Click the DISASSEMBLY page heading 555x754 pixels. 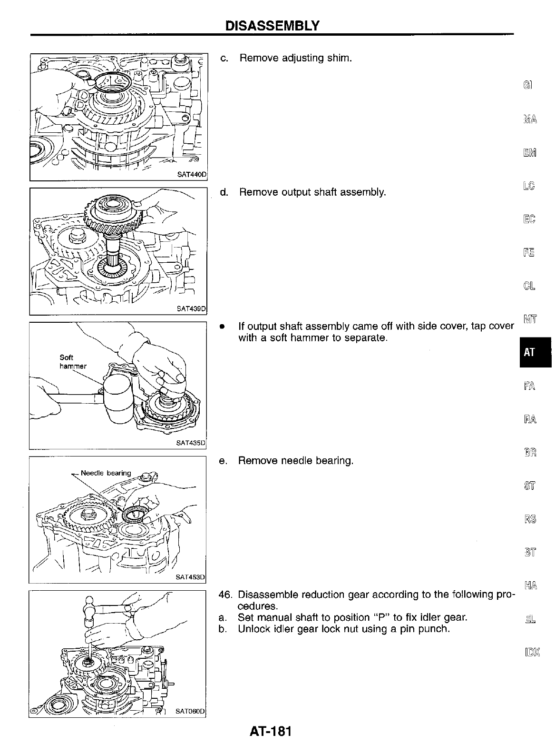click(x=272, y=25)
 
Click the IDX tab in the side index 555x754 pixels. click(x=530, y=651)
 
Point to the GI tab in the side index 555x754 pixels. click(x=528, y=85)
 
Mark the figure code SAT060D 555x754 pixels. click(x=190, y=712)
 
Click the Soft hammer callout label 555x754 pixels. click(x=72, y=362)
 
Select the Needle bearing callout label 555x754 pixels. click(x=106, y=473)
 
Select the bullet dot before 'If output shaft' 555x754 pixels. click(x=221, y=327)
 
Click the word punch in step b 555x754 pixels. click(x=435, y=629)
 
